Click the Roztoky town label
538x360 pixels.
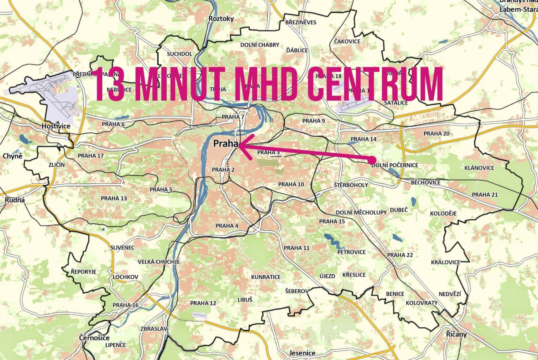point(221,19)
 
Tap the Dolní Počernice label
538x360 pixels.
point(395,165)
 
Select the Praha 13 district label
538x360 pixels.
point(114,198)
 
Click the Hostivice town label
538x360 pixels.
point(56,126)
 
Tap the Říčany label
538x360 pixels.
point(456,334)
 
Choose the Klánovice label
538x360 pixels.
point(479,168)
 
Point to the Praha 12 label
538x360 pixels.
point(203,303)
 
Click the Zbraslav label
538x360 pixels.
point(154,329)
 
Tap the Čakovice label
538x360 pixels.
point(347,41)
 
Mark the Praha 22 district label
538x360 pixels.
point(400,255)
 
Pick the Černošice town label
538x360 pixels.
point(94,338)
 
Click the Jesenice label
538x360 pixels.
point(302,353)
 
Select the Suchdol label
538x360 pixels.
point(179,54)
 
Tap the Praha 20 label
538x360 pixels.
point(436,133)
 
